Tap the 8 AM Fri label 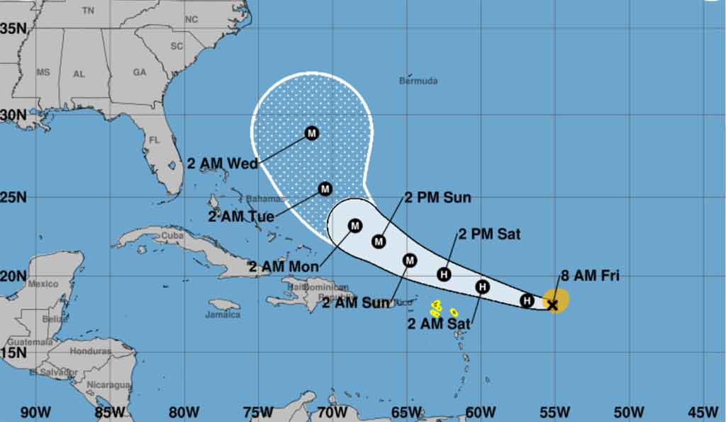point(589,276)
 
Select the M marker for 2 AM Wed point(312,133)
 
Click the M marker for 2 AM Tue point(325,189)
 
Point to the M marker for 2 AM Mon point(355,226)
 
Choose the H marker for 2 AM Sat point(482,287)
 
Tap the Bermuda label point(418,81)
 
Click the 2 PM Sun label point(437,198)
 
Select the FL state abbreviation point(154,140)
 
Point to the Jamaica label point(223,314)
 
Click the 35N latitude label point(13,28)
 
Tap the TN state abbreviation point(88,11)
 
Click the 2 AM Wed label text point(222,164)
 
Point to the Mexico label point(43,284)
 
